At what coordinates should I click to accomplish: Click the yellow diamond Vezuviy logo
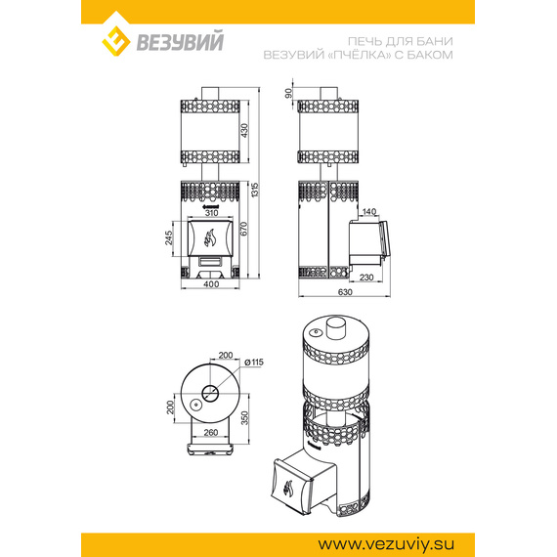[116, 41]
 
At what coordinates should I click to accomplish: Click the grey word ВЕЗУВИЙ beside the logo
[180, 41]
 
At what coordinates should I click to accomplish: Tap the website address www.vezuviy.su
[386, 544]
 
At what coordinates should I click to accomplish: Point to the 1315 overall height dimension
[255, 190]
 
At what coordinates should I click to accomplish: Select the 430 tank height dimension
[244, 131]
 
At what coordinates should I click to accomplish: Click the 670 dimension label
[243, 229]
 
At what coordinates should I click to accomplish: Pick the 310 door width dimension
[211, 213]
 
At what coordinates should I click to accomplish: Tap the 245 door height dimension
[168, 237]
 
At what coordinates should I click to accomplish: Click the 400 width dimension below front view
[211, 284]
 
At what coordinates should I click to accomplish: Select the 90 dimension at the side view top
[288, 93]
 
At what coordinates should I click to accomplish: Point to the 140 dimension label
[369, 212]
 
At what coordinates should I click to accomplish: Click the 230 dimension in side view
[366, 278]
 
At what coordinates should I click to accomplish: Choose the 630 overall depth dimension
[345, 292]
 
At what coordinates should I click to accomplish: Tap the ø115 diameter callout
[254, 362]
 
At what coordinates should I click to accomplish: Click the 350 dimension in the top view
[244, 418]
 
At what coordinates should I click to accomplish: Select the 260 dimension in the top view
[211, 433]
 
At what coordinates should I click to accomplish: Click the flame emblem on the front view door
[209, 237]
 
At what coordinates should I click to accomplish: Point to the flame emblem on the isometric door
[288, 489]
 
